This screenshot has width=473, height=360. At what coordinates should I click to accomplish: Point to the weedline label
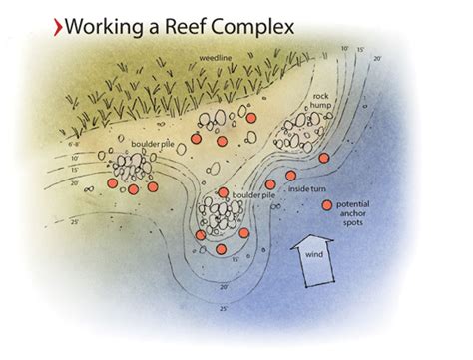[x=218, y=60]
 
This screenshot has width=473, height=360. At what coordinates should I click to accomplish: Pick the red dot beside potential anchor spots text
[x=327, y=205]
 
